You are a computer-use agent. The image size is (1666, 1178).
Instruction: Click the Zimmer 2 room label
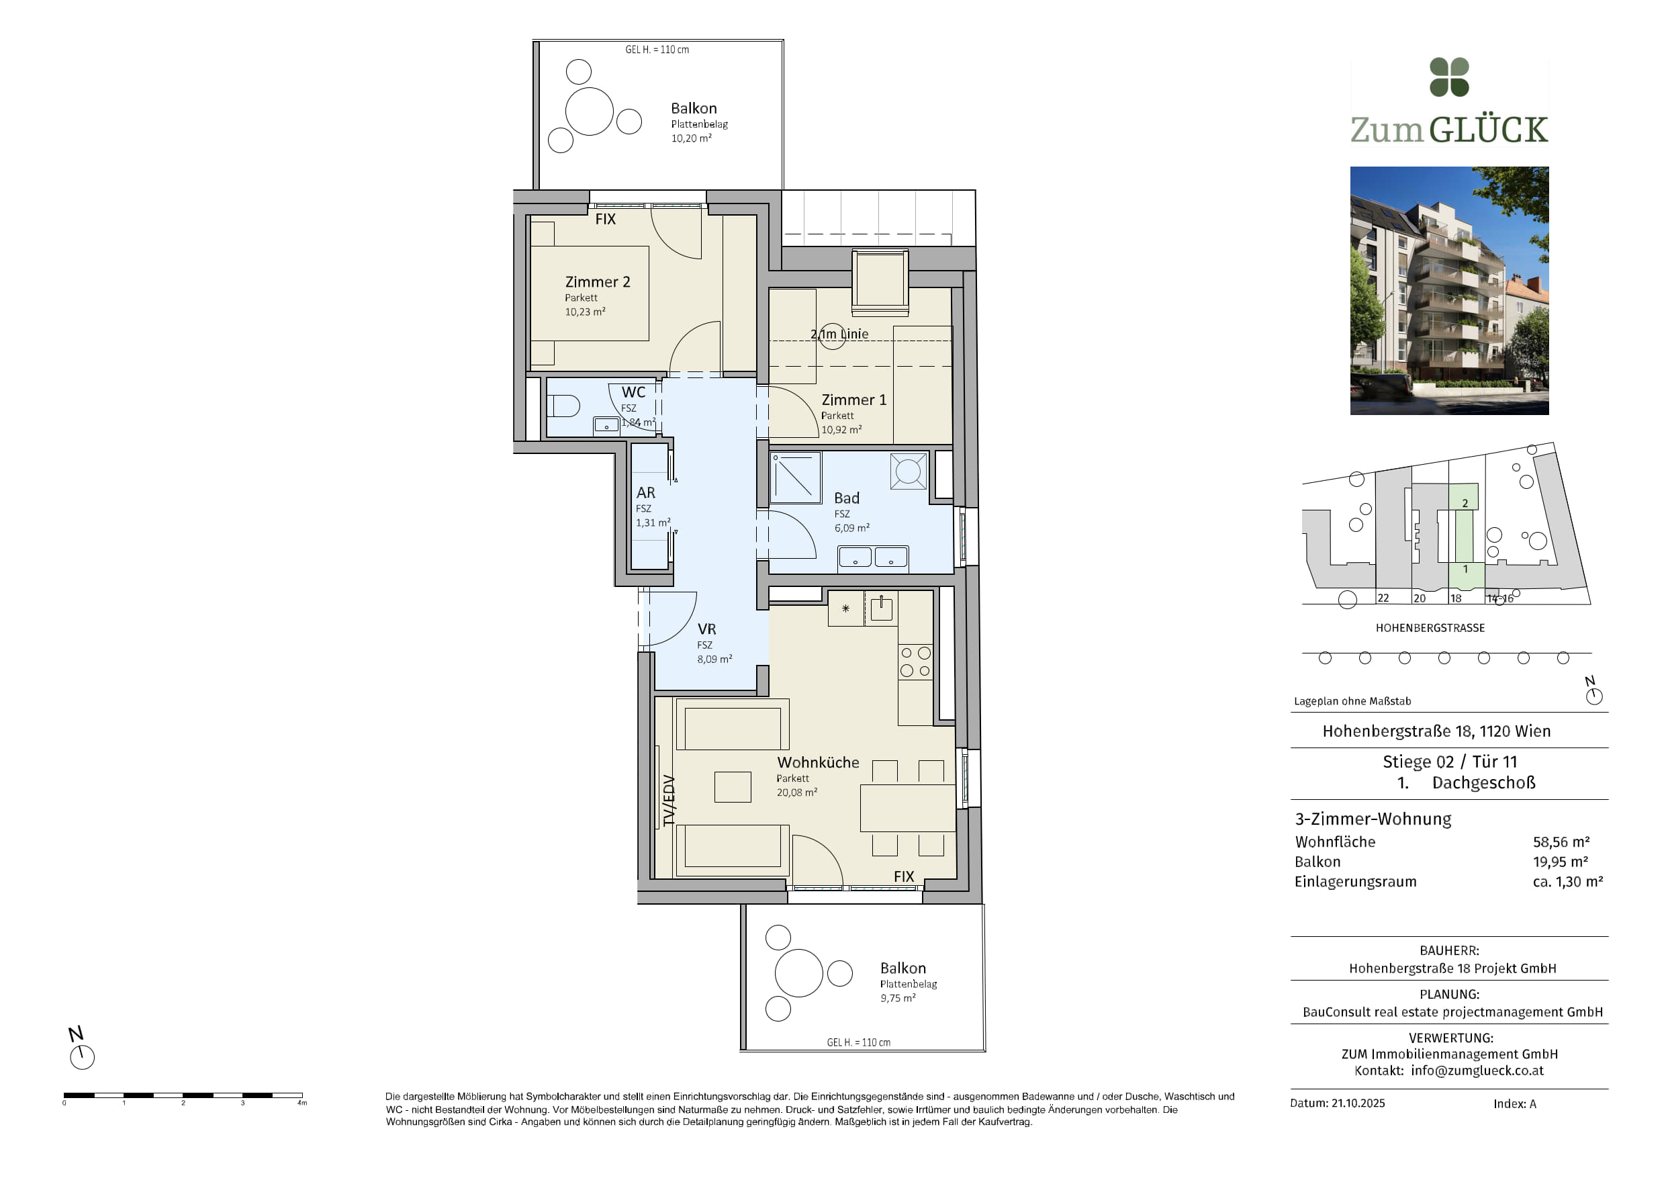coord(597,281)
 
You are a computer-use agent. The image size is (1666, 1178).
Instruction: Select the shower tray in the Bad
coord(795,478)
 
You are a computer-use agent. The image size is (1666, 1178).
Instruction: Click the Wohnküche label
coord(818,762)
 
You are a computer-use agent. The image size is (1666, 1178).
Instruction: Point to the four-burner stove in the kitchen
coord(915,662)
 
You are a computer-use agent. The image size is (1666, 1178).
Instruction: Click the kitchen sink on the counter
coord(881,608)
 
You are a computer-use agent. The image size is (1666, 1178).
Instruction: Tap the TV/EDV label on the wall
coord(669,801)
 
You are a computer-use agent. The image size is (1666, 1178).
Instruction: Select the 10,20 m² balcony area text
coord(691,138)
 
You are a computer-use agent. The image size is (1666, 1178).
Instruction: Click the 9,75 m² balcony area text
coord(898,998)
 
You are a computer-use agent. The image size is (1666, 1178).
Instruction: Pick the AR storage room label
coord(646,493)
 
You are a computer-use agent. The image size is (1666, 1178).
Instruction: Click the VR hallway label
coord(706,629)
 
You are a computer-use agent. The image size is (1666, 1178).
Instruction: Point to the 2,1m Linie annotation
coord(839,334)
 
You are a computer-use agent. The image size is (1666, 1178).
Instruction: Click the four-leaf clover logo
coord(1449,77)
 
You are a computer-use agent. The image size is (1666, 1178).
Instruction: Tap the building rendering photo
coord(1449,290)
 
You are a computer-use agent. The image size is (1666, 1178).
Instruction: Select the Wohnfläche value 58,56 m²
coord(1561,842)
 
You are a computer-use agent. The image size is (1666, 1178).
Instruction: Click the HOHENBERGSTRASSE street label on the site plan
coord(1430,628)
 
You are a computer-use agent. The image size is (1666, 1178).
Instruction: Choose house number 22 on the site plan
coord(1383,598)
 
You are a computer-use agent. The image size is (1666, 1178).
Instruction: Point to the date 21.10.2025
coord(1358,1103)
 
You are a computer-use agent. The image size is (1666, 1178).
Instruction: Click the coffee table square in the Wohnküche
coord(733,786)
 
